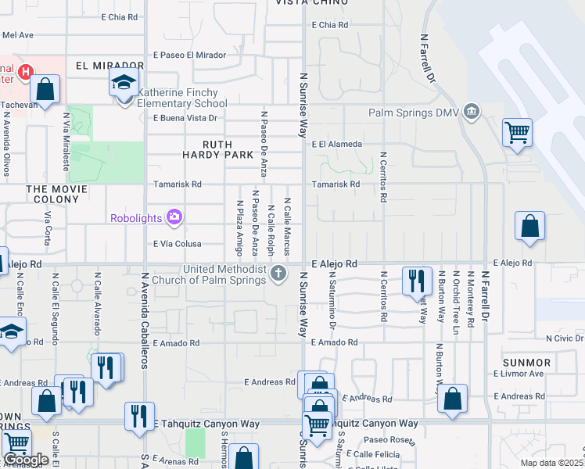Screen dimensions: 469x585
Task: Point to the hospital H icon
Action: point(26,73)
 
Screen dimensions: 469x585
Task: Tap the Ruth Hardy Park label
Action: point(229,149)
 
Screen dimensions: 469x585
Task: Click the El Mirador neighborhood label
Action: point(110,66)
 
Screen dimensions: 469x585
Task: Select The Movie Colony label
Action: point(52,194)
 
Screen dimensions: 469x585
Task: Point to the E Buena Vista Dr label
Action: point(185,118)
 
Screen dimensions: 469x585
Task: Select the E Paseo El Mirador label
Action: point(189,55)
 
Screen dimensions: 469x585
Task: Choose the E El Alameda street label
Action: point(336,144)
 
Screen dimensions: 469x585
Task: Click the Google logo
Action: point(26,460)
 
